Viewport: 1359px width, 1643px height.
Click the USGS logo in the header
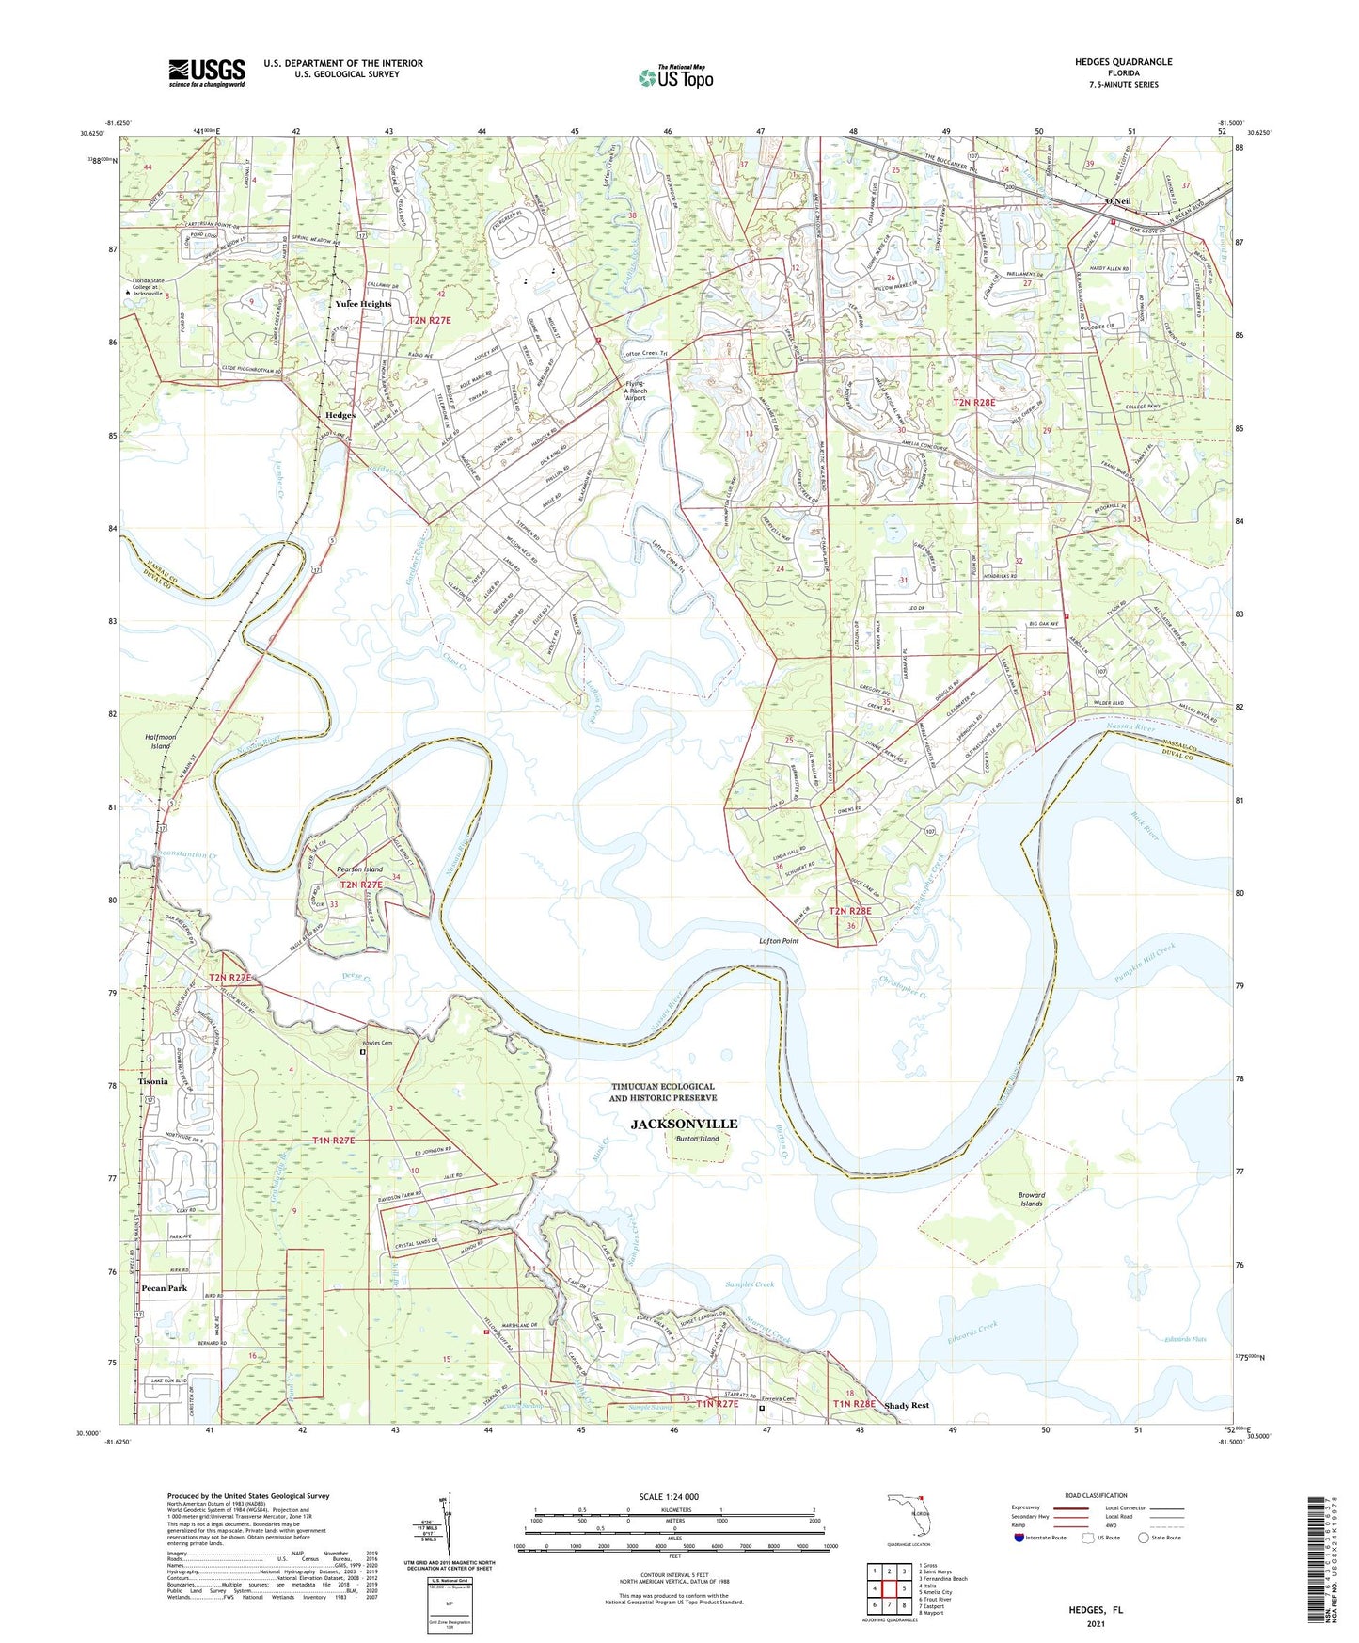click(207, 72)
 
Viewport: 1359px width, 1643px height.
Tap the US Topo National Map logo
click(674, 77)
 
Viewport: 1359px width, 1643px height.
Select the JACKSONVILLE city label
click(684, 1124)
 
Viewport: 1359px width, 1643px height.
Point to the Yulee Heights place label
click(363, 304)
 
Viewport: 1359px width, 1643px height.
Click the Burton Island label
click(697, 1139)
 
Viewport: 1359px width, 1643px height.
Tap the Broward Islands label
click(1031, 1200)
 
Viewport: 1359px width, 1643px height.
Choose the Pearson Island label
click(359, 869)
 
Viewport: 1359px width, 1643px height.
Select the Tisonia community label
click(152, 1081)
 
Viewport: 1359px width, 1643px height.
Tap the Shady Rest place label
click(907, 1406)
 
